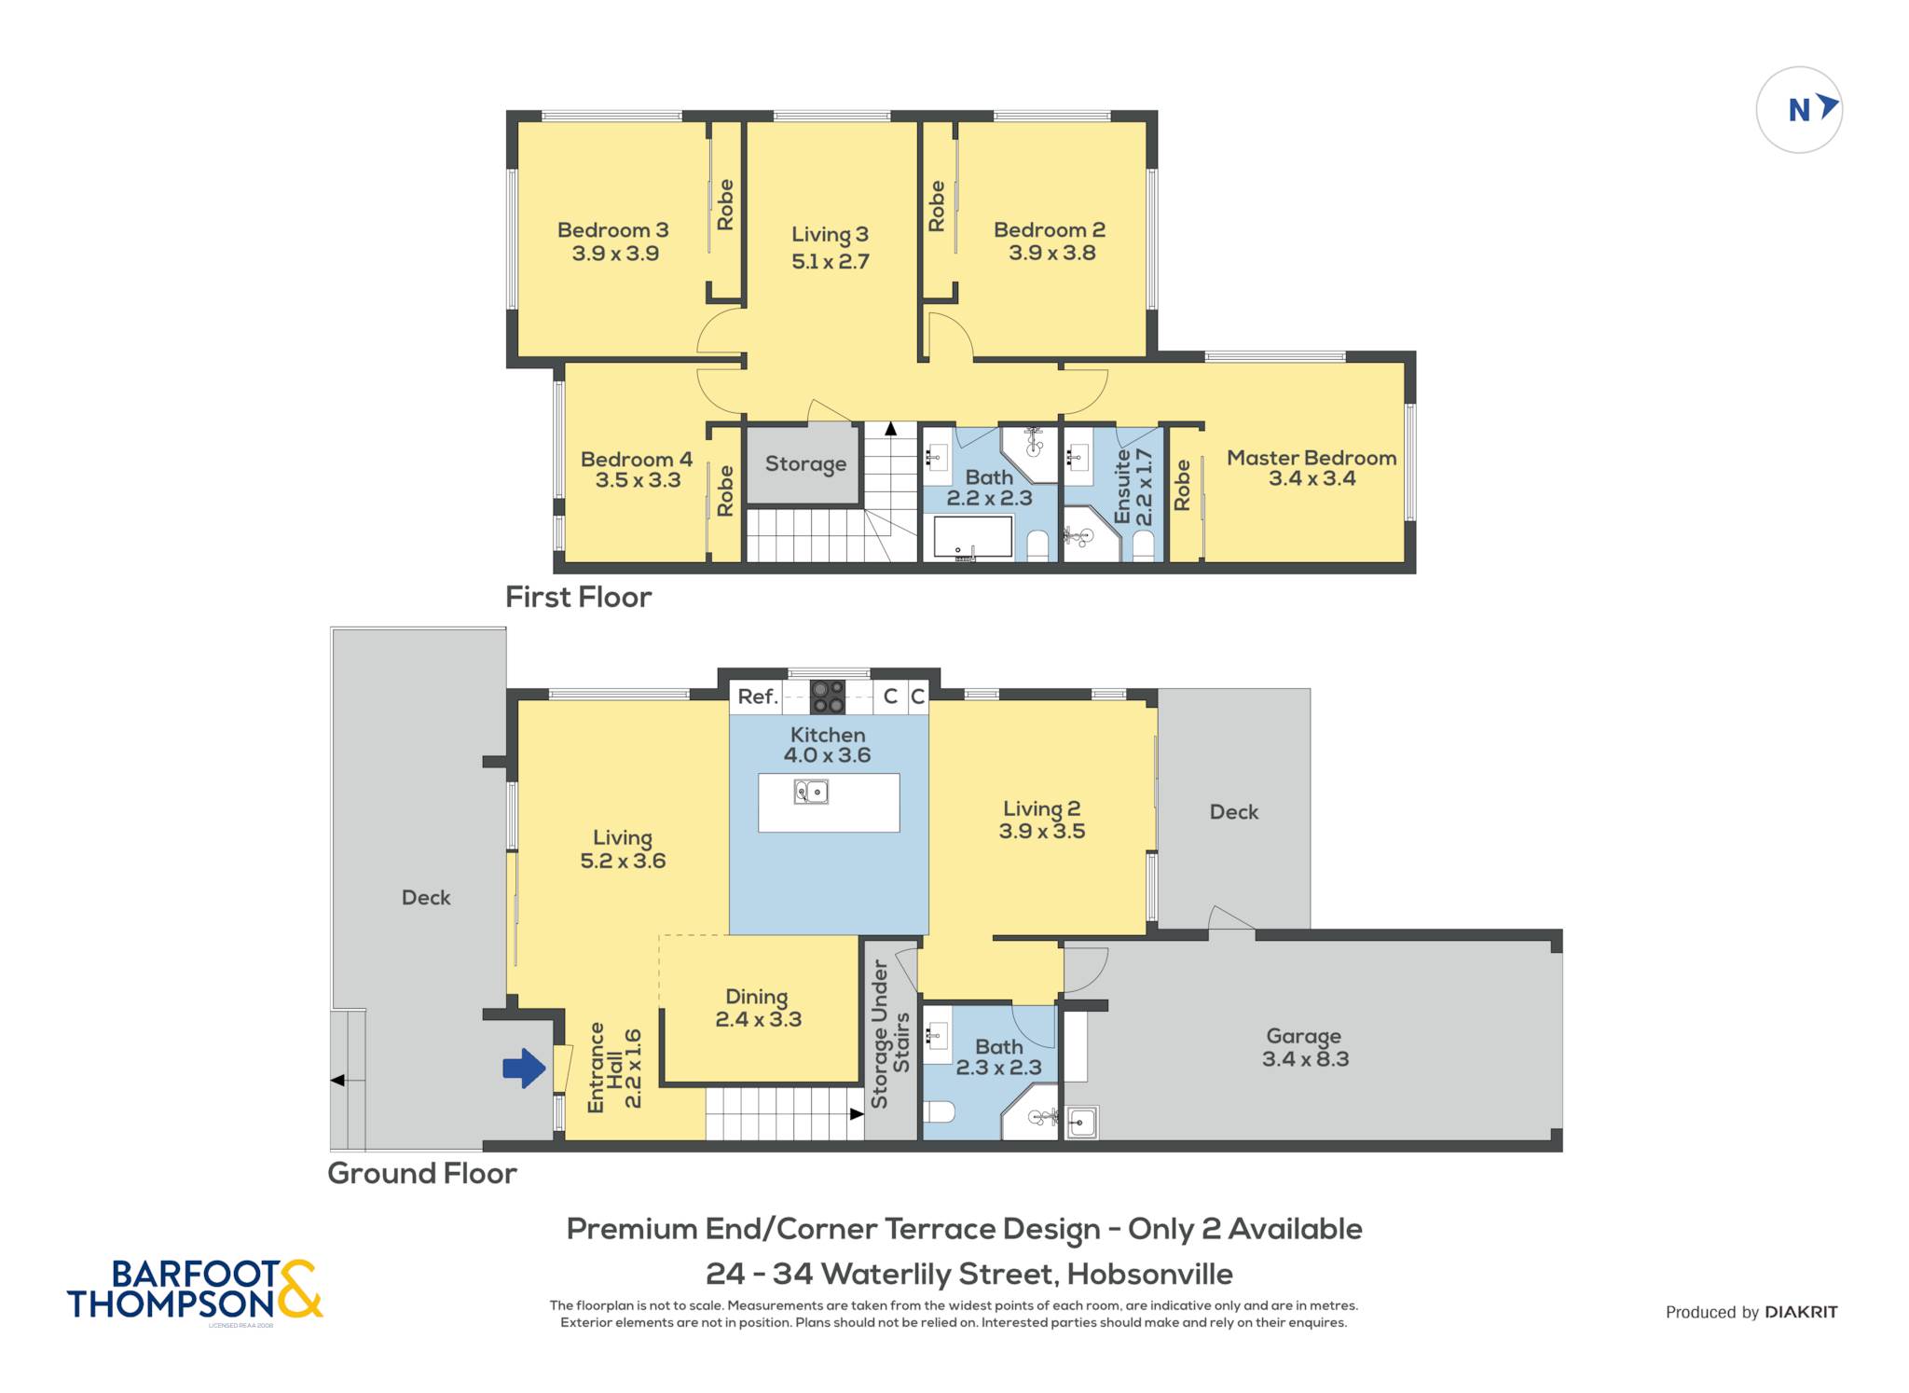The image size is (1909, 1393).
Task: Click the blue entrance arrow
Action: click(x=524, y=1068)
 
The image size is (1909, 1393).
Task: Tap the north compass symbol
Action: click(x=1799, y=110)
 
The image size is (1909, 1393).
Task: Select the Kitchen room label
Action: click(x=828, y=735)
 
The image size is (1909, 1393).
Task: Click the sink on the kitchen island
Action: click(x=811, y=793)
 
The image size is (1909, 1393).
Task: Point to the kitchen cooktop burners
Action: click(x=828, y=696)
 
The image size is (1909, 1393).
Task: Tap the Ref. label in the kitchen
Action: click(x=757, y=696)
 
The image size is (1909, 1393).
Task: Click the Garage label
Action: click(x=1303, y=1036)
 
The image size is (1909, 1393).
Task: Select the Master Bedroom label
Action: click(x=1312, y=458)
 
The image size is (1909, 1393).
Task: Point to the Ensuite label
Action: click(x=1122, y=486)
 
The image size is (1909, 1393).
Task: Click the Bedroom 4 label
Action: click(x=637, y=459)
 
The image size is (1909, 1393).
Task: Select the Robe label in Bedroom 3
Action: click(x=725, y=205)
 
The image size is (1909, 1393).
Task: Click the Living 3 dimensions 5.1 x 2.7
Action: click(x=831, y=262)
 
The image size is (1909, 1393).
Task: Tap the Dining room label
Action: click(x=757, y=997)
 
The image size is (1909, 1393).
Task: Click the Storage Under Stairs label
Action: click(x=890, y=1035)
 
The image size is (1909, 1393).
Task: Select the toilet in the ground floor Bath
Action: click(x=941, y=1112)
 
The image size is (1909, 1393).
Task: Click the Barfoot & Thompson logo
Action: click(x=195, y=1290)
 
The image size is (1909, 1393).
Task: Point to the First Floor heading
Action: click(x=578, y=597)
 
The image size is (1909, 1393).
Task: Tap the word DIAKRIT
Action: click(x=1801, y=1312)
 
